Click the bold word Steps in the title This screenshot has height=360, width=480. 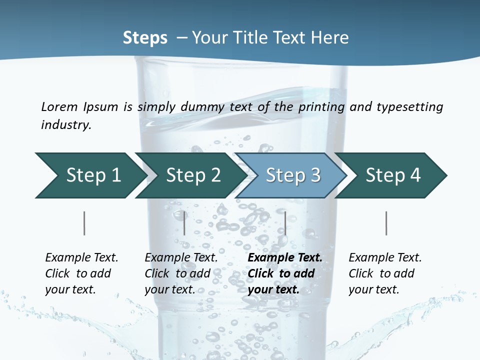click(145, 38)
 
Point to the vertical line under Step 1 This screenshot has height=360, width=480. click(84, 223)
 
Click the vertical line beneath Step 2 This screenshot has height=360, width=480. click(184, 223)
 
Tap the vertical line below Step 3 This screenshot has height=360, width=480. click(285, 223)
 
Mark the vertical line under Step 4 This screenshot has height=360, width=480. click(386, 223)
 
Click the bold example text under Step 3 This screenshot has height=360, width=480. click(284, 273)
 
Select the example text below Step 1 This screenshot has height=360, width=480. click(81, 273)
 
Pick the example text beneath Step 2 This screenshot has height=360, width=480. click(180, 273)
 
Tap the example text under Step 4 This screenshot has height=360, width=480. click(384, 273)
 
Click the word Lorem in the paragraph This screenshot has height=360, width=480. click(59, 107)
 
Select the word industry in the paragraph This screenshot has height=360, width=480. click(65, 125)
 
